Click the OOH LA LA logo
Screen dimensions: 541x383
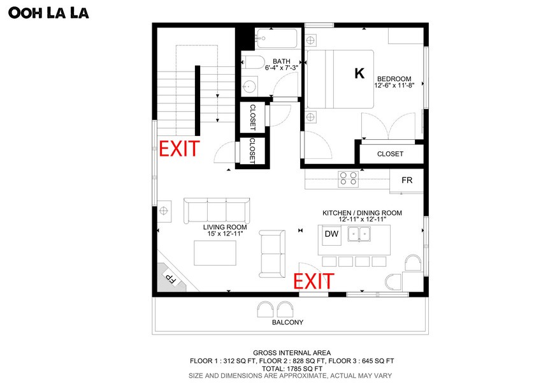click(48, 13)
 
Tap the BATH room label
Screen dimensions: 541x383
click(282, 61)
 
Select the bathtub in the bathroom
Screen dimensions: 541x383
click(277, 39)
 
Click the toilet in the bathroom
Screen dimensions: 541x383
click(252, 62)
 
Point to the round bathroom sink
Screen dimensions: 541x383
click(249, 86)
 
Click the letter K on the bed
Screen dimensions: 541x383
click(359, 73)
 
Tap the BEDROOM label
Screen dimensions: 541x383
click(394, 79)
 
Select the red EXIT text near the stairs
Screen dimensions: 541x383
click(179, 149)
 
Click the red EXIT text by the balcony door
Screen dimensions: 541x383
click(314, 281)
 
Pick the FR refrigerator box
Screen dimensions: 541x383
click(407, 181)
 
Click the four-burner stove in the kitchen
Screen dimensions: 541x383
click(348, 179)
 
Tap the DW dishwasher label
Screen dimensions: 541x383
click(331, 234)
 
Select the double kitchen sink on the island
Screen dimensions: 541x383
click(359, 234)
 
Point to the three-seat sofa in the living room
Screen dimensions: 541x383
click(217, 211)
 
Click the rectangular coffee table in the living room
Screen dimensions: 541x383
click(215, 253)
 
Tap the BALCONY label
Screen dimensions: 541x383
click(288, 322)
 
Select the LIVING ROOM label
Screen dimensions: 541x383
click(225, 227)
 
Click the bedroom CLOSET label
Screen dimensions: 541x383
click(390, 154)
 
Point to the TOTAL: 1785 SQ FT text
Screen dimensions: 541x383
click(292, 368)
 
